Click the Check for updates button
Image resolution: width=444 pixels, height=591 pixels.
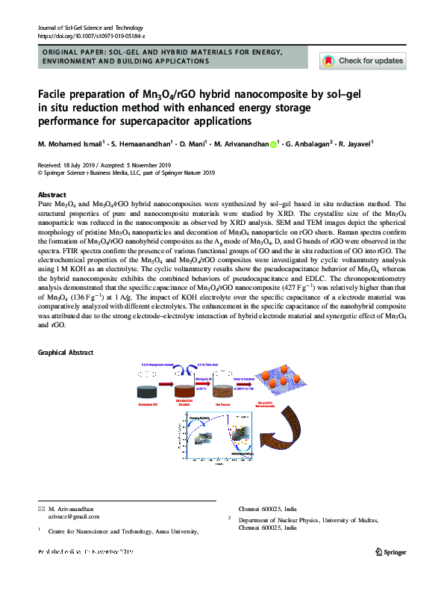[363, 61]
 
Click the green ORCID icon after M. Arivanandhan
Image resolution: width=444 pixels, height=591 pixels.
[274, 144]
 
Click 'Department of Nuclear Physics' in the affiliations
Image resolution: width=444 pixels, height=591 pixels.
[287, 520]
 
